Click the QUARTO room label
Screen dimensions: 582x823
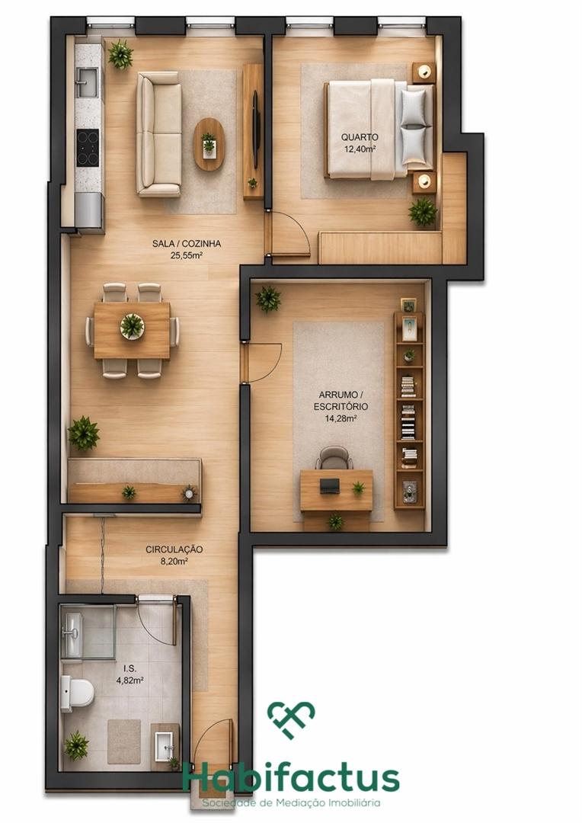coord(359,137)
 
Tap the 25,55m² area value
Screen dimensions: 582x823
coord(187,255)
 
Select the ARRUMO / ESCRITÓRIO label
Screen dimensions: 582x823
coord(341,401)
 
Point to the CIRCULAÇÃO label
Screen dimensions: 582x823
coord(174,549)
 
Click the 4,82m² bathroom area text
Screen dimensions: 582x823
coord(130,680)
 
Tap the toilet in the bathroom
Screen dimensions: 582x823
coord(77,693)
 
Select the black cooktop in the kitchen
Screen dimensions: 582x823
coord(88,148)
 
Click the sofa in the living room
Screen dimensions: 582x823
coord(159,134)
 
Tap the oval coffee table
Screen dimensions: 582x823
coord(209,143)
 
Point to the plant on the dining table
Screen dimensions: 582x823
coord(132,326)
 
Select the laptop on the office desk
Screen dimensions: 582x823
coord(330,486)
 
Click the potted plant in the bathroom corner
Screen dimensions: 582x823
coord(77,745)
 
